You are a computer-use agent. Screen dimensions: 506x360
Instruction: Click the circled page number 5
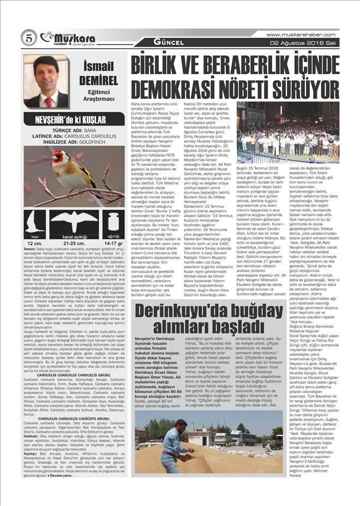(x=28, y=37)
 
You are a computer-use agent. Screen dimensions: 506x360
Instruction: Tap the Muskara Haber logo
(x=68, y=38)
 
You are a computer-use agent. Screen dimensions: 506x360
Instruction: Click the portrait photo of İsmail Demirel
(x=46, y=81)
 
